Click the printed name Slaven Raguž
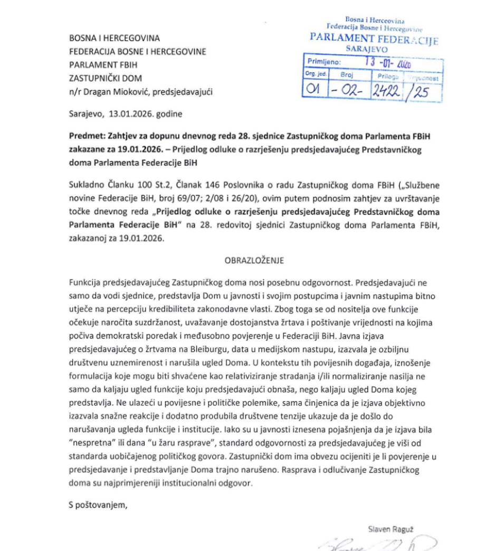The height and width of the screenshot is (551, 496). (389, 528)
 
